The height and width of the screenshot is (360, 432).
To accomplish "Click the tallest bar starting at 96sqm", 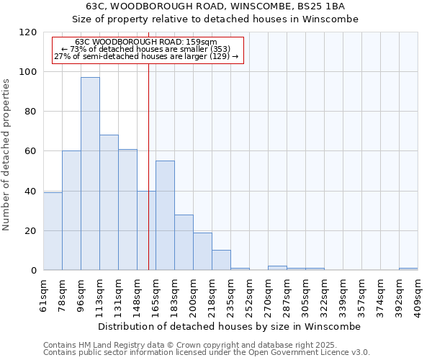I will (90, 174).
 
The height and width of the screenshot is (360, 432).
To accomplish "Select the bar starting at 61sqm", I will (53, 231).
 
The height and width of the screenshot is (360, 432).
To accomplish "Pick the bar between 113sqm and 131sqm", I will (109, 202).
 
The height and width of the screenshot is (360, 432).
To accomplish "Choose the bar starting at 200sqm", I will (202, 251).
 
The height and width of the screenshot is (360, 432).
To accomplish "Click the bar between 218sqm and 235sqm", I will (221, 260).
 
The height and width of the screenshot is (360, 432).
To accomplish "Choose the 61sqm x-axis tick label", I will (43, 294).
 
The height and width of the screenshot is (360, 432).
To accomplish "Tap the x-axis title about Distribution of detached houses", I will (229, 326).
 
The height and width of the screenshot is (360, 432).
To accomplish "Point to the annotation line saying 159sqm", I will (145, 42).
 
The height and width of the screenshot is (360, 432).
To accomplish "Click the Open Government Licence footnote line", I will (207, 353).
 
